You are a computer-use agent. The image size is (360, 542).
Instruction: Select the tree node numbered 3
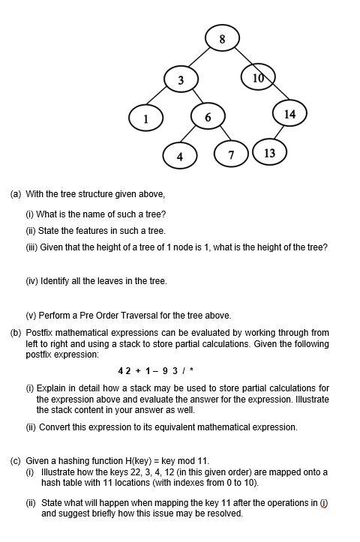point(180,79)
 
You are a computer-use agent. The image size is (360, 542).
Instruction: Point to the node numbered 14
point(289,114)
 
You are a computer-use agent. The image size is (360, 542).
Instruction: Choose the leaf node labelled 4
point(179,156)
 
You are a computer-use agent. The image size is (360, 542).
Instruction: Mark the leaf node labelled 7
point(232,154)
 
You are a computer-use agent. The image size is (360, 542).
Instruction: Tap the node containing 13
point(269,152)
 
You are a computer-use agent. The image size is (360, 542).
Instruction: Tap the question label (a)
point(16,193)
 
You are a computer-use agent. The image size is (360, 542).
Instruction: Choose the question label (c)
point(16,460)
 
